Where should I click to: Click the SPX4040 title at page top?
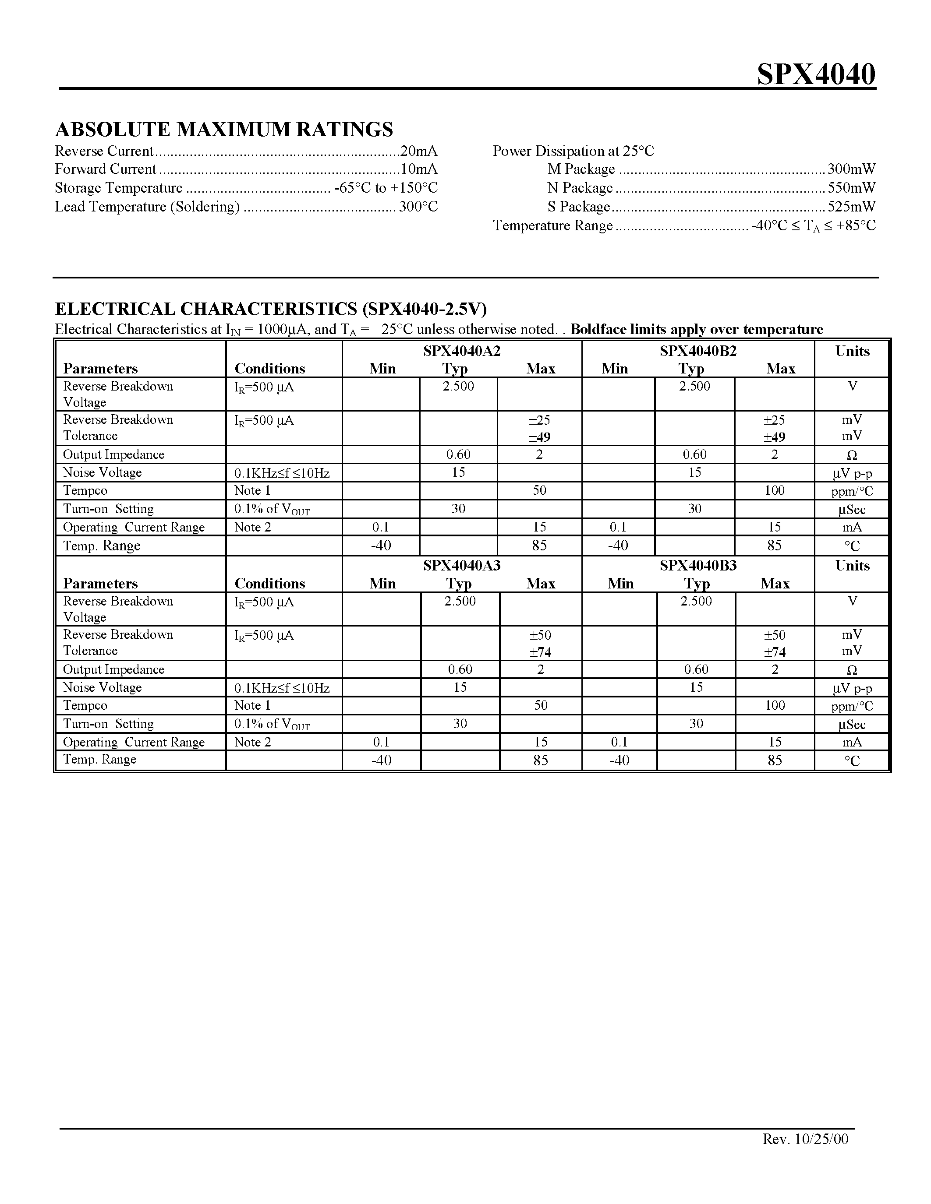tap(816, 74)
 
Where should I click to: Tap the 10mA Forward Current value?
tap(418, 169)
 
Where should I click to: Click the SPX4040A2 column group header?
tap(462, 351)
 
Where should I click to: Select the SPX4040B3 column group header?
tap(697, 566)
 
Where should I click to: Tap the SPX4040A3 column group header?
tap(462, 566)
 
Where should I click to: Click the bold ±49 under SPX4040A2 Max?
tap(539, 437)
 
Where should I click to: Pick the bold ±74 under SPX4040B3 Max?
tap(774, 652)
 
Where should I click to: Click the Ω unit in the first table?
tap(852, 455)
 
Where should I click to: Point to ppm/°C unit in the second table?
tap(852, 706)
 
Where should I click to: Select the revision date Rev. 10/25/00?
tap(805, 1139)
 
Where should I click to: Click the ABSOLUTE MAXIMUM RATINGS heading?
tap(224, 130)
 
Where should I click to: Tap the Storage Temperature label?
tap(119, 188)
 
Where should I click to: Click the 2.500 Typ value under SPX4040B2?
tap(694, 387)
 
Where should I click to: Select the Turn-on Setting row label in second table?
tap(108, 724)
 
